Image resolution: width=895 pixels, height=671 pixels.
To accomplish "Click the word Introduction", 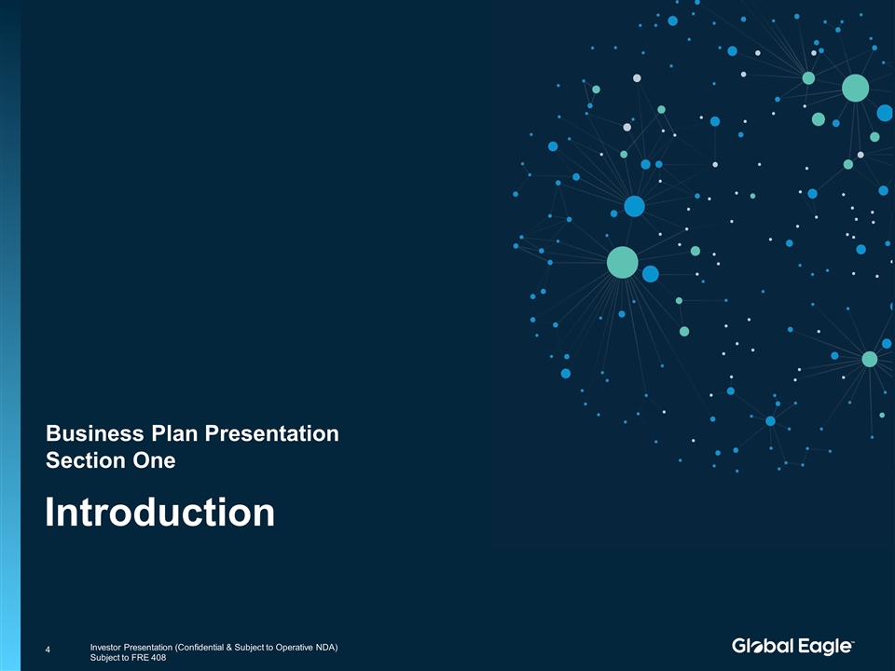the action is tap(159, 512).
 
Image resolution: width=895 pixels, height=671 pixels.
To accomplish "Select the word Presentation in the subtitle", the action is tap(272, 433).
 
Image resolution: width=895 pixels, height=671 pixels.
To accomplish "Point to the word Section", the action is tap(86, 460).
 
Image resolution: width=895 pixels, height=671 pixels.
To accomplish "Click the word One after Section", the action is tap(154, 460).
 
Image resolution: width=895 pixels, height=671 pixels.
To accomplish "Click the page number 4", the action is tap(48, 650).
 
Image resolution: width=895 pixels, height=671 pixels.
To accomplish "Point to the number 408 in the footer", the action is tap(158, 658).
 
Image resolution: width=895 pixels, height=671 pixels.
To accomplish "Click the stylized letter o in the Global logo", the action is tap(756, 647).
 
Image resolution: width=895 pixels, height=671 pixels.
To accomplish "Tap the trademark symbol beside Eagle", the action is tap(852, 641).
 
